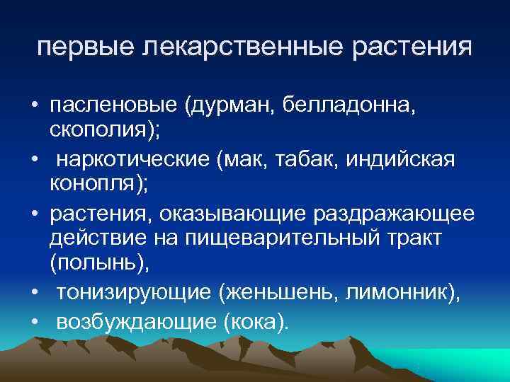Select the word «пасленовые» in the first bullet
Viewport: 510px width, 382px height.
tap(113, 105)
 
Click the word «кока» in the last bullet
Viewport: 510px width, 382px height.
tap(253, 322)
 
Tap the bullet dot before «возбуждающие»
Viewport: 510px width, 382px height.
tap(34, 322)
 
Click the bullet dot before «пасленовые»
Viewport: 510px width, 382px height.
tap(34, 106)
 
